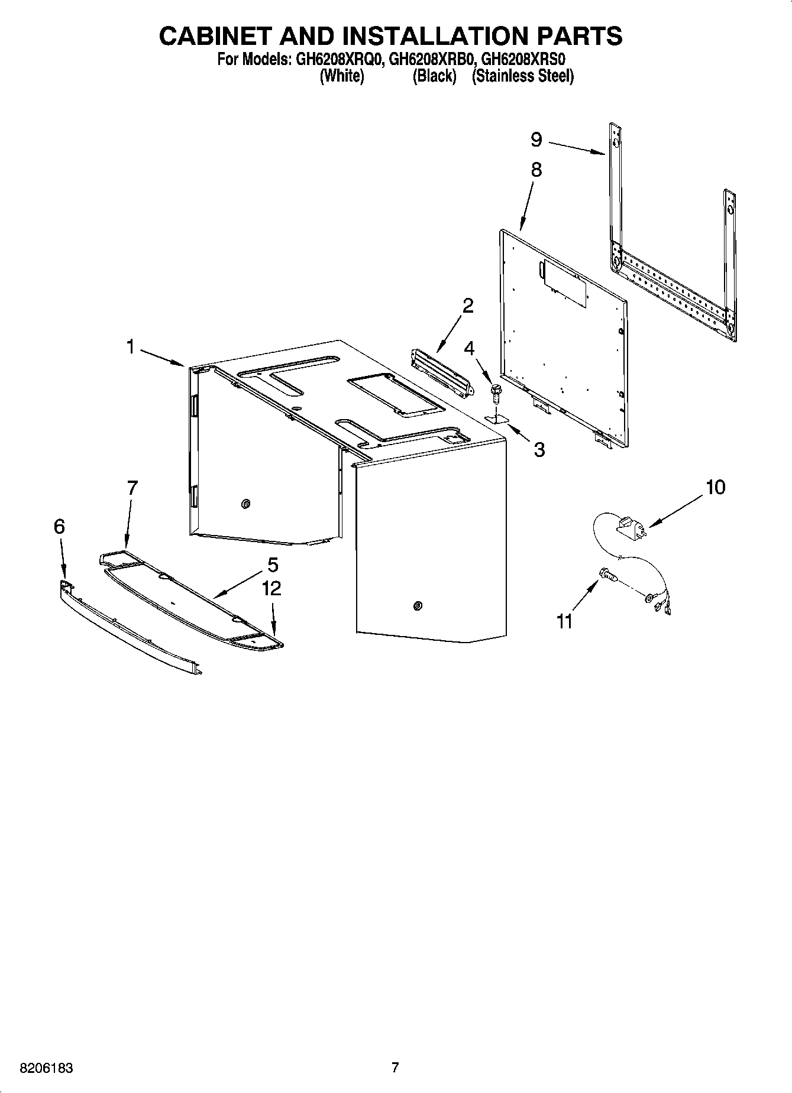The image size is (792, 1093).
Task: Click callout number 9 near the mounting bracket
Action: (x=536, y=140)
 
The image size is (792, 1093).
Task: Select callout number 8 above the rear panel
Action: (x=536, y=170)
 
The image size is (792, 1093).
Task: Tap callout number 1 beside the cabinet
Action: (x=131, y=347)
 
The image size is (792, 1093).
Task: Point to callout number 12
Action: (x=272, y=588)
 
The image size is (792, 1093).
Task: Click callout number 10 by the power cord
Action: (x=715, y=487)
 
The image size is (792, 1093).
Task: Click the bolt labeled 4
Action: (x=496, y=391)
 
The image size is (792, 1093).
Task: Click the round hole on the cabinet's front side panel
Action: (x=418, y=605)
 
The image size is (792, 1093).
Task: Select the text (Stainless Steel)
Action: (x=522, y=76)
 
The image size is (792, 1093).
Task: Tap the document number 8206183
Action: (x=47, y=1068)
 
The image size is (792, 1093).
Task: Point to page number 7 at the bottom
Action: (x=395, y=1068)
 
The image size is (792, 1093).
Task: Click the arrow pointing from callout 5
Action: (x=237, y=586)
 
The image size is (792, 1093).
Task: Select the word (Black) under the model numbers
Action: (x=434, y=76)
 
